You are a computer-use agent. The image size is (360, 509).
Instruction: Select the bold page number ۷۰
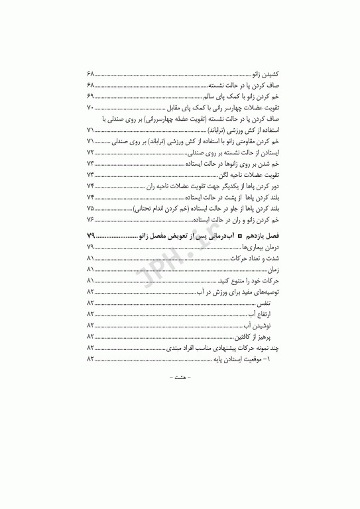[x=91, y=108]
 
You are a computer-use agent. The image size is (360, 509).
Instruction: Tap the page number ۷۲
[x=91, y=152]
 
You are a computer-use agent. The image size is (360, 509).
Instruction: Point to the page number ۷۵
[x=91, y=208]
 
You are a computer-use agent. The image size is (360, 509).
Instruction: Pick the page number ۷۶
[x=91, y=219]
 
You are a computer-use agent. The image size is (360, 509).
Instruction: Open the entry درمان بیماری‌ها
[x=253, y=248]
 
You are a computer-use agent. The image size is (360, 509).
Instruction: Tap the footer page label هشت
[x=180, y=377]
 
